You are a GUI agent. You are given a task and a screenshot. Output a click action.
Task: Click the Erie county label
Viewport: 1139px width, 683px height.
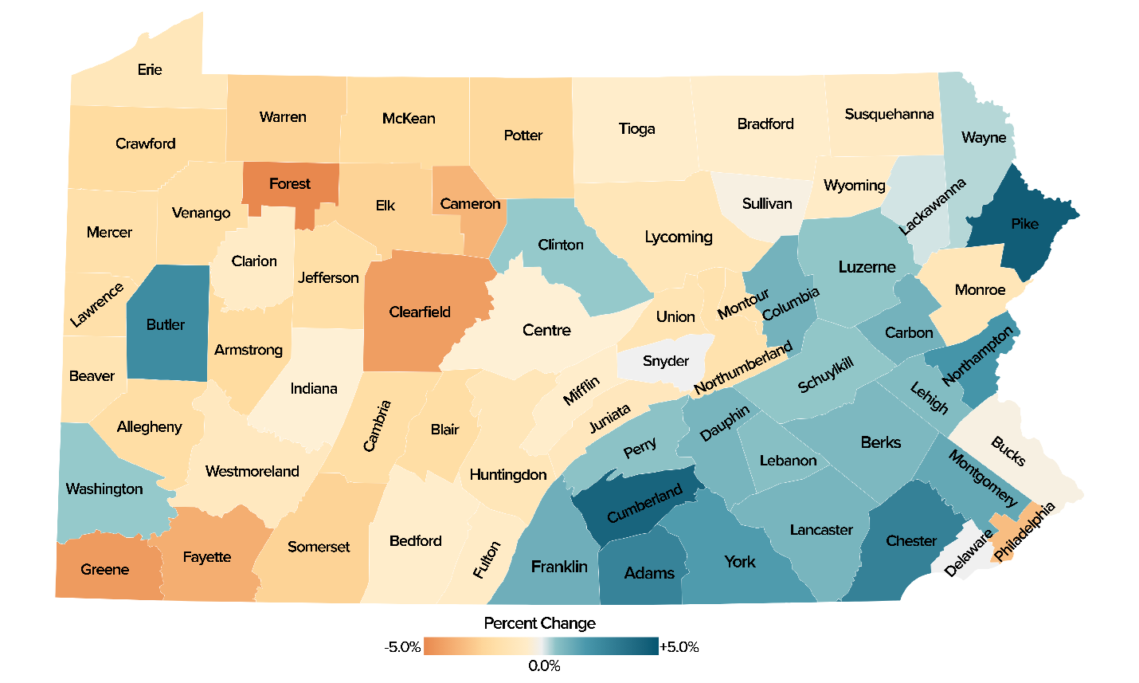coord(149,69)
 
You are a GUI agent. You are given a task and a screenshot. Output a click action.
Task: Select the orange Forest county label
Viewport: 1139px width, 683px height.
coord(289,184)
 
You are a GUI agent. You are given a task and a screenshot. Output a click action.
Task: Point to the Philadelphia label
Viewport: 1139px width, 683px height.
coord(1024,532)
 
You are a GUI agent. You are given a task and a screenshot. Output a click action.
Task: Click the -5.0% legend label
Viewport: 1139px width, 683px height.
coord(402,647)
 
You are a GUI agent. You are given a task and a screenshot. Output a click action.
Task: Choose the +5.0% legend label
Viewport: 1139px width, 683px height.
coord(679,647)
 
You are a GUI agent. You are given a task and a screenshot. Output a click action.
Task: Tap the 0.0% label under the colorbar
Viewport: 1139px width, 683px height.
coord(544,666)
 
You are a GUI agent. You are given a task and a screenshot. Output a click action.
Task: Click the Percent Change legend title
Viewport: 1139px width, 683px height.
coord(539,623)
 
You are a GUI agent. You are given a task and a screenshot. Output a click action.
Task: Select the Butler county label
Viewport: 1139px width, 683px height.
coord(166,324)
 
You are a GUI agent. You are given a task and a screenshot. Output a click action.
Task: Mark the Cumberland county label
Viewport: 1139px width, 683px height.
coord(644,504)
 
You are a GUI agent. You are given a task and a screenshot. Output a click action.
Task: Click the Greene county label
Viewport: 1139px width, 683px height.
coord(104,569)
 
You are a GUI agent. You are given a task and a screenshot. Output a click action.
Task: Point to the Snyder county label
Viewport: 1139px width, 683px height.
coord(666,361)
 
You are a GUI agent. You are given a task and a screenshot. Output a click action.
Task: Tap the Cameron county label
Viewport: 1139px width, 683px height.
coord(470,204)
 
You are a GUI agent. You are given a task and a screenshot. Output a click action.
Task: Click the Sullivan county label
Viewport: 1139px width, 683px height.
coord(767,203)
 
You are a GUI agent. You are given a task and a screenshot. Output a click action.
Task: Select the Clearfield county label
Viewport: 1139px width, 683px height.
coord(420,312)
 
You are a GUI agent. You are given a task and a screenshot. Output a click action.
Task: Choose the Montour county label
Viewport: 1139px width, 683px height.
coord(743,304)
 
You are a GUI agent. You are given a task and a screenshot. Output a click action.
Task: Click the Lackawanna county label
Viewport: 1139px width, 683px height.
coord(932,206)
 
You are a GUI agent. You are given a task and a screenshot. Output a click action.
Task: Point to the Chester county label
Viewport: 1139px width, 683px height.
coord(911,541)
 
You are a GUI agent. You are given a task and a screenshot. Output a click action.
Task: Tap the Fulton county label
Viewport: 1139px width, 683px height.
coord(487,559)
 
